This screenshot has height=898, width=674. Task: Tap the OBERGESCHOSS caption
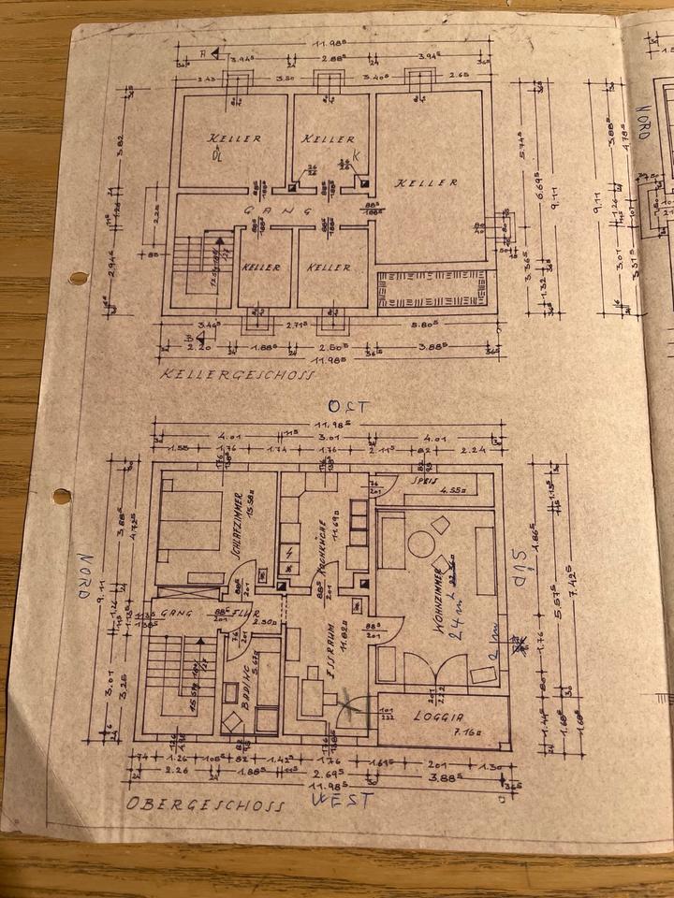(x=205, y=804)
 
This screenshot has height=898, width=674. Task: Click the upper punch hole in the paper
(x=79, y=278)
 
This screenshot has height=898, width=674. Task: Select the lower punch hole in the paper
(x=62, y=497)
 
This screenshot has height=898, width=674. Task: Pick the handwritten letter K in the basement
(x=356, y=156)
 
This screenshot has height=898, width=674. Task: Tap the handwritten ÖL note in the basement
(x=217, y=156)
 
